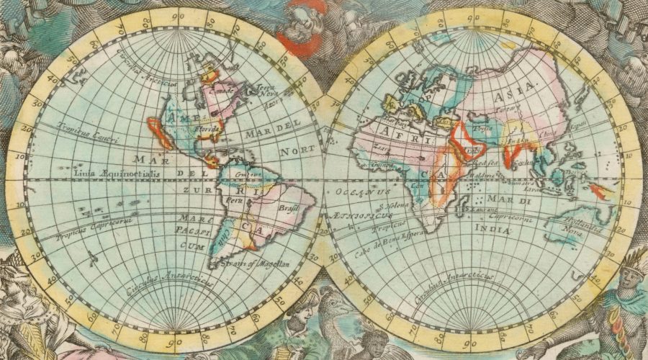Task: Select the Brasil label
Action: [x=287, y=208]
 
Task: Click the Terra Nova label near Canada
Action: [x=267, y=91]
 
